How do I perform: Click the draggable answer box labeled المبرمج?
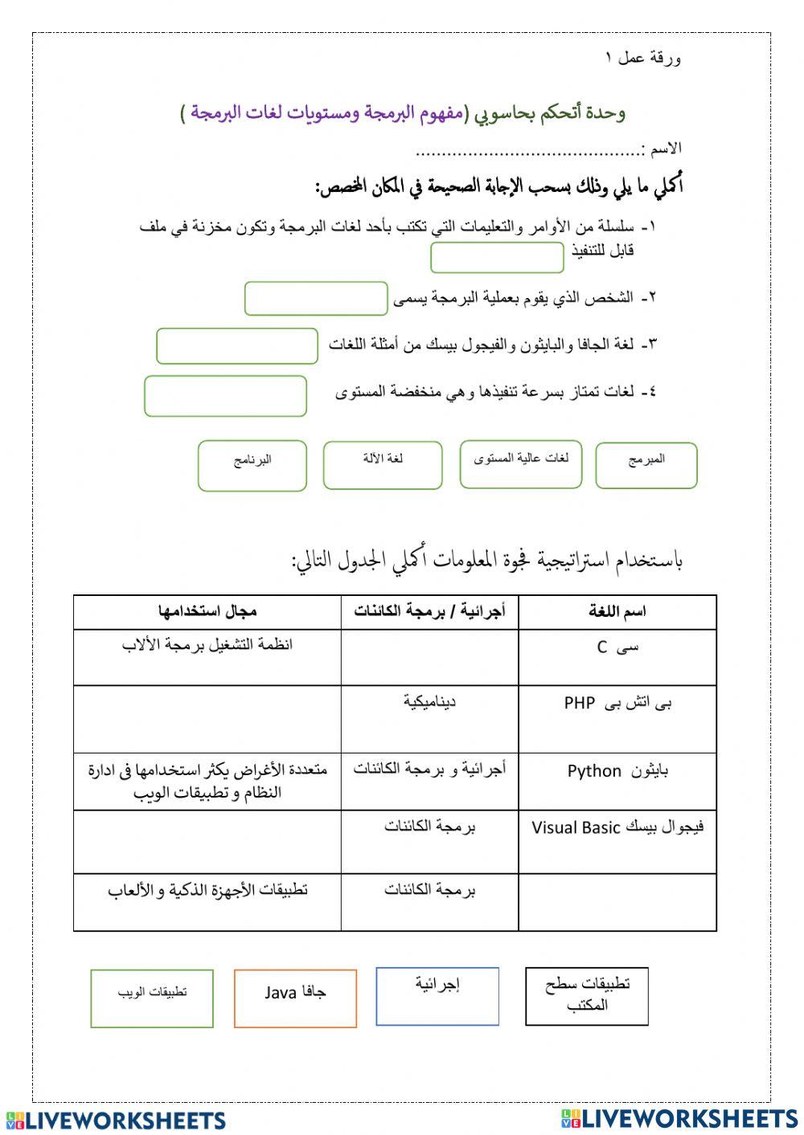(646, 465)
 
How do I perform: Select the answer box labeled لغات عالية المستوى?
(520, 463)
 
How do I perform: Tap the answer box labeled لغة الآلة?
(383, 464)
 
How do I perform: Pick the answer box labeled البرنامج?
(252, 465)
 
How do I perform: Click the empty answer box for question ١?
(497, 258)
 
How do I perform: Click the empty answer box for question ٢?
(316, 299)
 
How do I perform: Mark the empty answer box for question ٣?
(237, 345)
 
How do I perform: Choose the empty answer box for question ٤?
(226, 396)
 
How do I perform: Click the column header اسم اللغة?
(617, 612)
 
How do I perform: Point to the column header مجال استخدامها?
(207, 612)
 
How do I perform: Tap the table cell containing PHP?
(617, 718)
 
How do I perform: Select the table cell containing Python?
(617, 780)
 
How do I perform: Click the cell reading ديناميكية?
(429, 718)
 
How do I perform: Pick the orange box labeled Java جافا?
(295, 998)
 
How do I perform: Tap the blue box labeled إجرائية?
(437, 996)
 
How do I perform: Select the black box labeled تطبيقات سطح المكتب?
(587, 996)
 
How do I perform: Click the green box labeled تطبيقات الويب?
(152, 998)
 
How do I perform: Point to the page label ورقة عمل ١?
(643, 58)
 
